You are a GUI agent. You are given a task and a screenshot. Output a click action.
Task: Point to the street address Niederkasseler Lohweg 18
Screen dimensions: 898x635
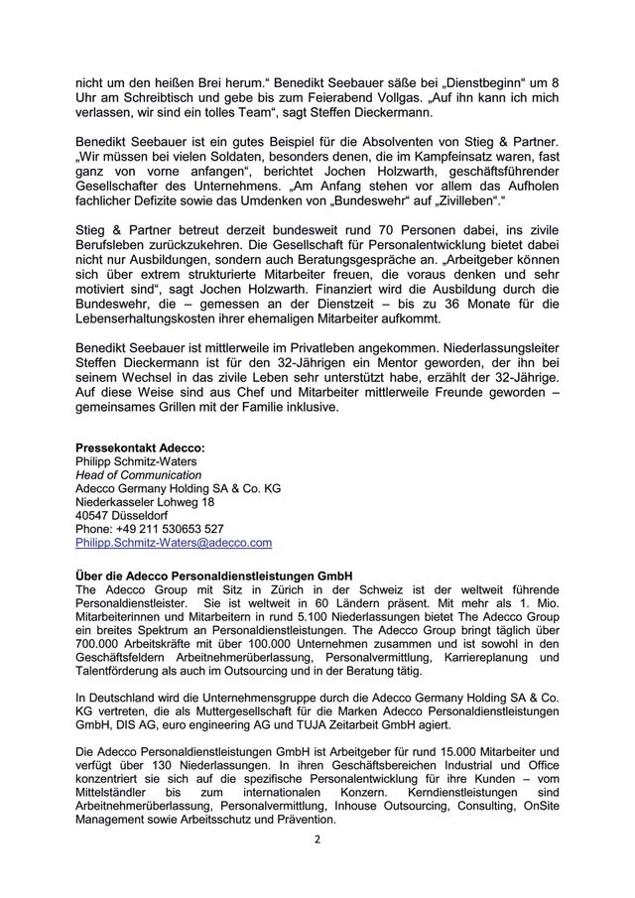(x=145, y=502)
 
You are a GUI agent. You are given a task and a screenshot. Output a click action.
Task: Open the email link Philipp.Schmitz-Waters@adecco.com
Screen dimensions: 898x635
(x=174, y=544)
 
